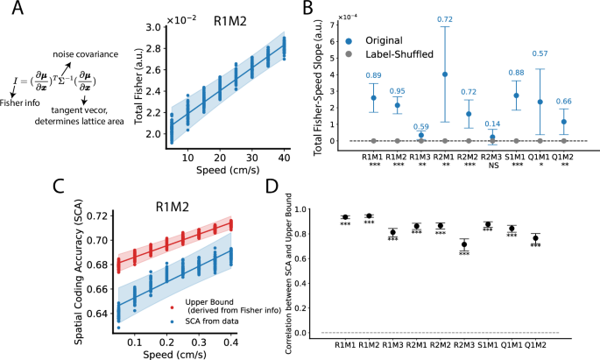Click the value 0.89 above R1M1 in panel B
(374, 76)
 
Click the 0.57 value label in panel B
(541, 54)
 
